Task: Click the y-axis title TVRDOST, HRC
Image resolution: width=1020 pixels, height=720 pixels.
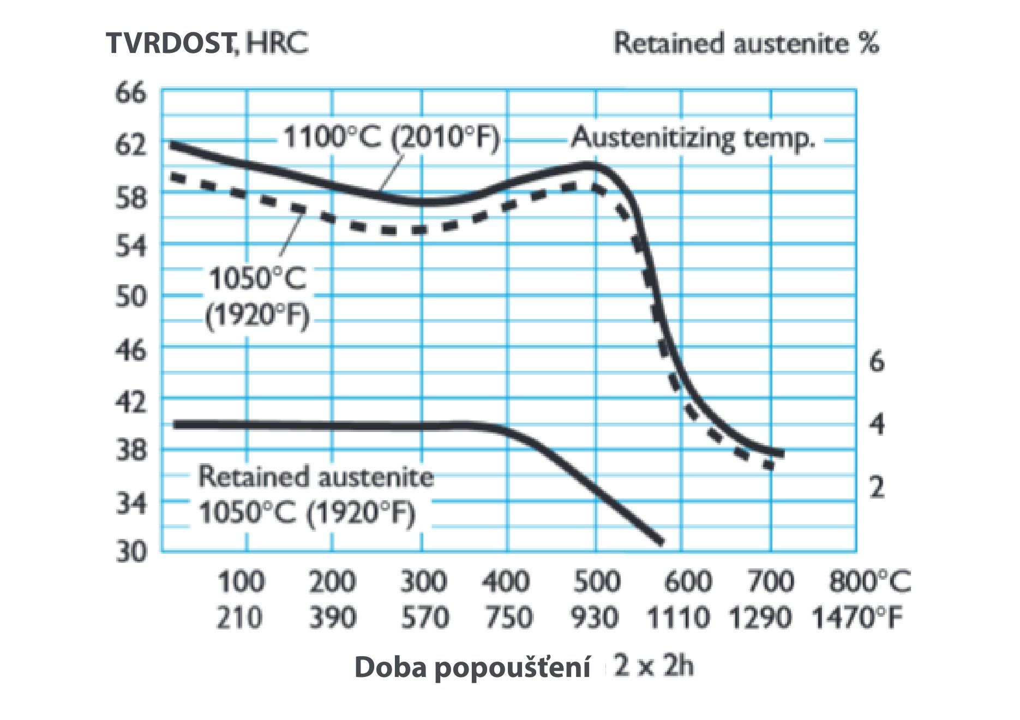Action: tap(207, 43)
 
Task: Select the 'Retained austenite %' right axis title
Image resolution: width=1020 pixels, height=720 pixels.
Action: tap(746, 43)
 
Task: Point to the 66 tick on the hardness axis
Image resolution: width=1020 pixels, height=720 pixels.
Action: tap(131, 93)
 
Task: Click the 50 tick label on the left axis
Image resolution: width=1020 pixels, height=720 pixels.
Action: tap(131, 297)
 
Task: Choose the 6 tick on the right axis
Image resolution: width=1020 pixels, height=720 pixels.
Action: tap(876, 361)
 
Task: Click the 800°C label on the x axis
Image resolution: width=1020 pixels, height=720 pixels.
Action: tap(869, 581)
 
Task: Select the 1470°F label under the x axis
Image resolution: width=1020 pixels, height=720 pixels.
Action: tap(857, 618)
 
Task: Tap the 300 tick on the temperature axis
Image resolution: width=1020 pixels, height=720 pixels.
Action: tap(423, 581)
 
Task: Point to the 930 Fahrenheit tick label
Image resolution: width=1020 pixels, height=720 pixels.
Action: tap(595, 618)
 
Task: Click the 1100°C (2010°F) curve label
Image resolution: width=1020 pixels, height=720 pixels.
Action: tap(391, 137)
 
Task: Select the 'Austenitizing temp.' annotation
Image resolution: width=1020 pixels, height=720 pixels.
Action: tap(693, 137)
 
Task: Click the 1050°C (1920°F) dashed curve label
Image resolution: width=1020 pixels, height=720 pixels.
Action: tap(257, 297)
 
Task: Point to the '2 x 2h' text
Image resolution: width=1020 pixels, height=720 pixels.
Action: tap(653, 666)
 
